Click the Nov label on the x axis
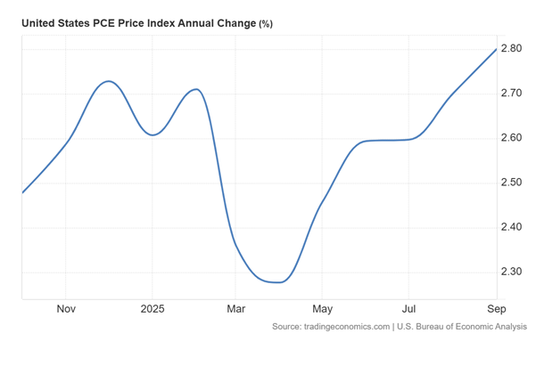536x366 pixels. tap(65, 310)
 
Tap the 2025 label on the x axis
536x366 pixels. tap(152, 310)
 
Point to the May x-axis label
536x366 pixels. tap(322, 310)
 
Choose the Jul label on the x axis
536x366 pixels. tap(408, 310)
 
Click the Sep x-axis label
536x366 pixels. tap(496, 310)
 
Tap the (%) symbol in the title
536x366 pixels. tap(266, 24)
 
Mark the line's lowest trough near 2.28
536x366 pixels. tap(279, 282)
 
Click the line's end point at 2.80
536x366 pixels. tap(496, 48)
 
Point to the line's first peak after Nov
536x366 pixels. tap(108, 81)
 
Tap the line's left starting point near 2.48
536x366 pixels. tap(22, 192)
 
